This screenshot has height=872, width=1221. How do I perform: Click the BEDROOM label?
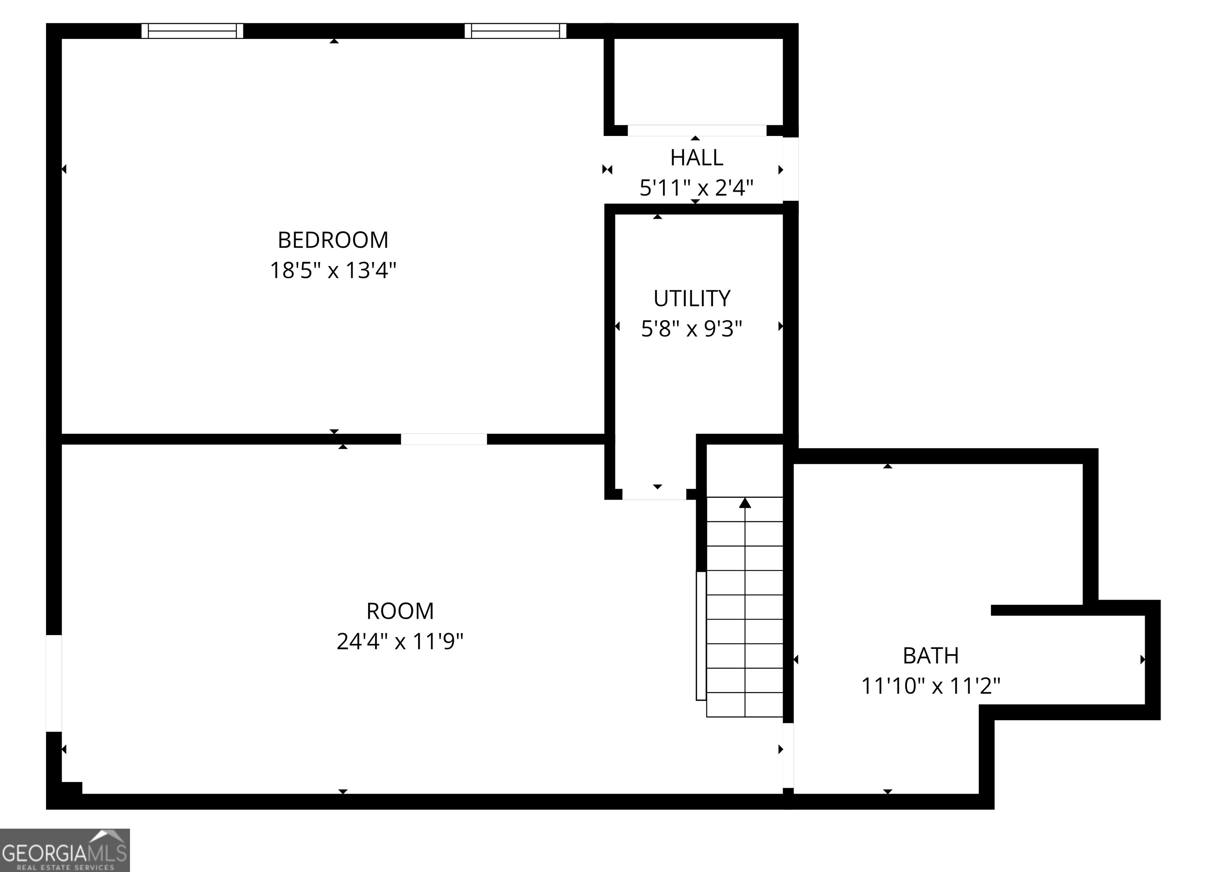click(x=333, y=240)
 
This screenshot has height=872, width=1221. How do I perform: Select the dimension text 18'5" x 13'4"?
click(x=333, y=270)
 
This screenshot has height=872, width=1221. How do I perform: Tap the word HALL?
click(x=696, y=157)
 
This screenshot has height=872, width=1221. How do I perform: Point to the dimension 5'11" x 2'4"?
click(x=696, y=188)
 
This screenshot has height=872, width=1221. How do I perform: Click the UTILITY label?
click(x=692, y=299)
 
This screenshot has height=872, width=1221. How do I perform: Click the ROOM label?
click(x=400, y=611)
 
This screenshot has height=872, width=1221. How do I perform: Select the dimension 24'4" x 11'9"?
click(x=400, y=641)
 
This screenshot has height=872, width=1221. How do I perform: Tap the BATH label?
click(x=930, y=656)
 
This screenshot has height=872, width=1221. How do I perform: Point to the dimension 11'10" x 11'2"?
click(x=930, y=686)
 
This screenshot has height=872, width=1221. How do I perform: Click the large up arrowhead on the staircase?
click(x=744, y=503)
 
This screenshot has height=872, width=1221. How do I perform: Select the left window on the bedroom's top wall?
click(x=192, y=31)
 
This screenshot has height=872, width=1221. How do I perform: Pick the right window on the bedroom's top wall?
click(x=515, y=31)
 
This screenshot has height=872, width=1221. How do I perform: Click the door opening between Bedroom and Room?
click(x=444, y=439)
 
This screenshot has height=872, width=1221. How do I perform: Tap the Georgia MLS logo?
click(x=64, y=851)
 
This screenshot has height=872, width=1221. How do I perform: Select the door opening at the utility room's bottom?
click(x=654, y=495)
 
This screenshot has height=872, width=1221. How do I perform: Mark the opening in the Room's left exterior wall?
click(x=54, y=683)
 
